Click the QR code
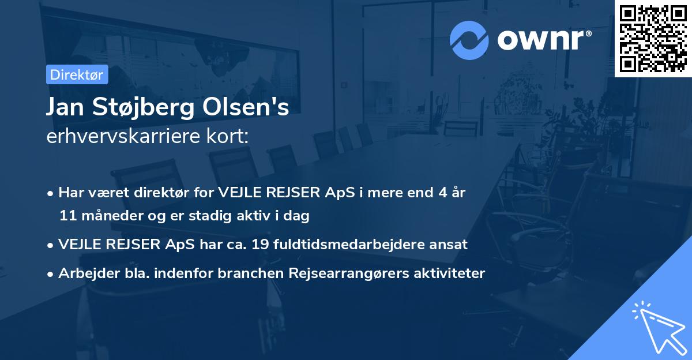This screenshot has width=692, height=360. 653,38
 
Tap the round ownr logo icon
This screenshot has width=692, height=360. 469,40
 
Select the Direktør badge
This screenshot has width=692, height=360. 77,74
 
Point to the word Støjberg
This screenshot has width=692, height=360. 141,108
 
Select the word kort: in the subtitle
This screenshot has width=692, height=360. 230,137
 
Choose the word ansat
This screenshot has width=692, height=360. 451,245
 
